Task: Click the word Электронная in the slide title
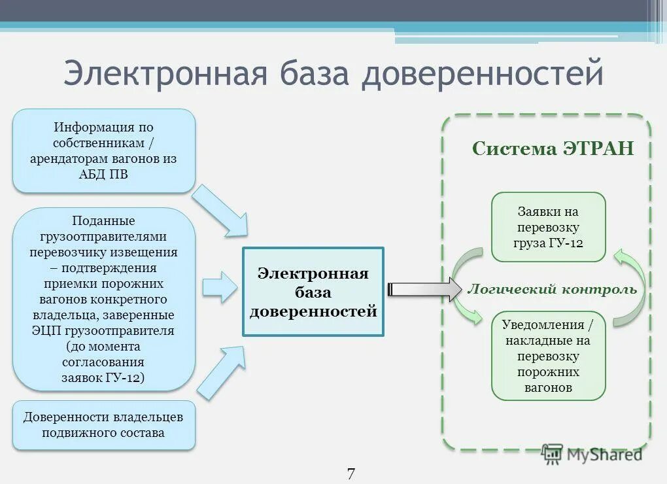point(166,73)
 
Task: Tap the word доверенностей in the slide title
point(483,73)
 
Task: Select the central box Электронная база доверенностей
point(313,292)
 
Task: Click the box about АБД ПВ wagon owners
point(103,150)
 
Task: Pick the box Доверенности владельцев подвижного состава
point(103,424)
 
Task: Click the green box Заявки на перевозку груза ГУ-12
point(548,227)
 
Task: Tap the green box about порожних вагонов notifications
point(548,356)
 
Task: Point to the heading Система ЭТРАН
point(553,148)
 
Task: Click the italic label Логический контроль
point(551,289)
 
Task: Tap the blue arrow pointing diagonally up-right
point(220,372)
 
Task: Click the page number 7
point(351,474)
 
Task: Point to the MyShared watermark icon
point(553,453)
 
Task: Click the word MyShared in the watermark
point(604,454)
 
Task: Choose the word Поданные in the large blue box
point(103,221)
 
